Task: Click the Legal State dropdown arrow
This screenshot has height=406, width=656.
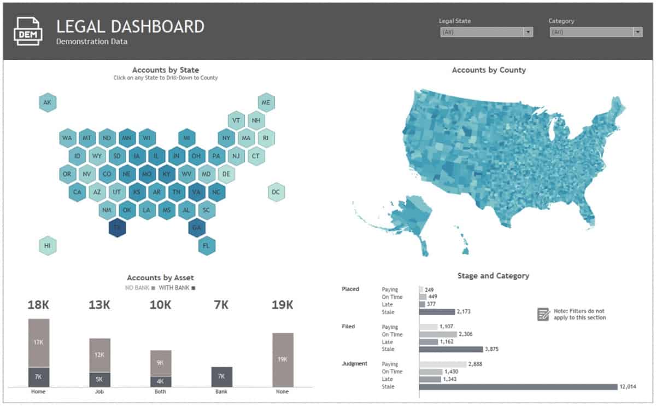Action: [528, 32]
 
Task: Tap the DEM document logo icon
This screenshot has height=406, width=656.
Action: [27, 31]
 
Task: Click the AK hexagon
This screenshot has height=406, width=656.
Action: [48, 102]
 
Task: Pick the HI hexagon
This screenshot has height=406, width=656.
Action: [48, 246]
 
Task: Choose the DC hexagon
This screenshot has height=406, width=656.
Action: [276, 192]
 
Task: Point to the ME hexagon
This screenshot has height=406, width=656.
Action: [266, 102]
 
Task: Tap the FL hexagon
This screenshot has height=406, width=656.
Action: [206, 246]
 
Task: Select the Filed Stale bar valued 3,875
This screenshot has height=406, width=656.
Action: [451, 349]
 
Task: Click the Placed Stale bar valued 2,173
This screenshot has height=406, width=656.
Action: [437, 312]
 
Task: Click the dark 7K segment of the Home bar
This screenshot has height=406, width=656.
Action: [39, 377]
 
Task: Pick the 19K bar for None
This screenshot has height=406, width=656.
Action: [283, 359]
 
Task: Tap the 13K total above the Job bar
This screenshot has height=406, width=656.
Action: [99, 305]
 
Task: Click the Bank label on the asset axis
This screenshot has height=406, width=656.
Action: [222, 392]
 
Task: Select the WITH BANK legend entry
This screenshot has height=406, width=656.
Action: [177, 287]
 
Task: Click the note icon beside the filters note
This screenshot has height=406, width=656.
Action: [543, 314]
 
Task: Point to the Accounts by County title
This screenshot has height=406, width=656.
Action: [489, 70]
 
